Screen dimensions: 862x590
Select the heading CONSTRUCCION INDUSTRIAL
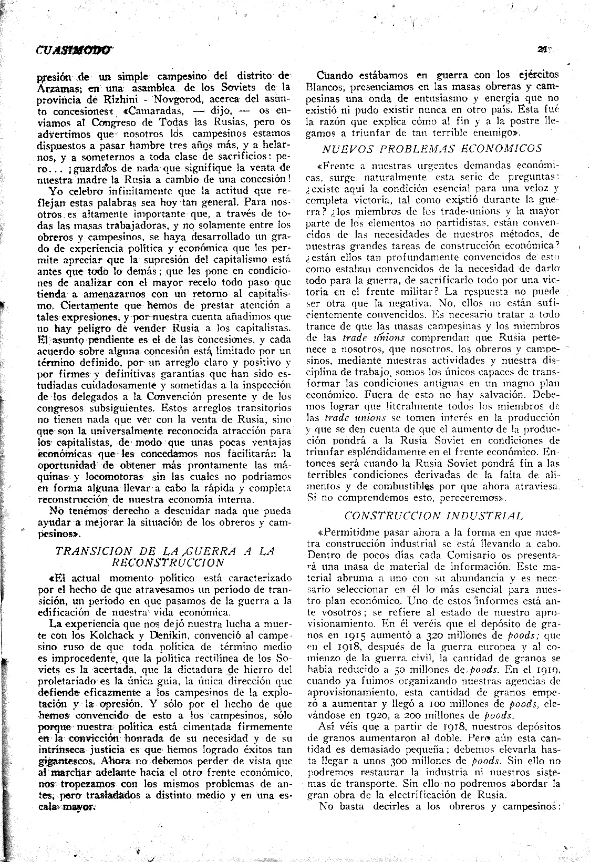[434, 516]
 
